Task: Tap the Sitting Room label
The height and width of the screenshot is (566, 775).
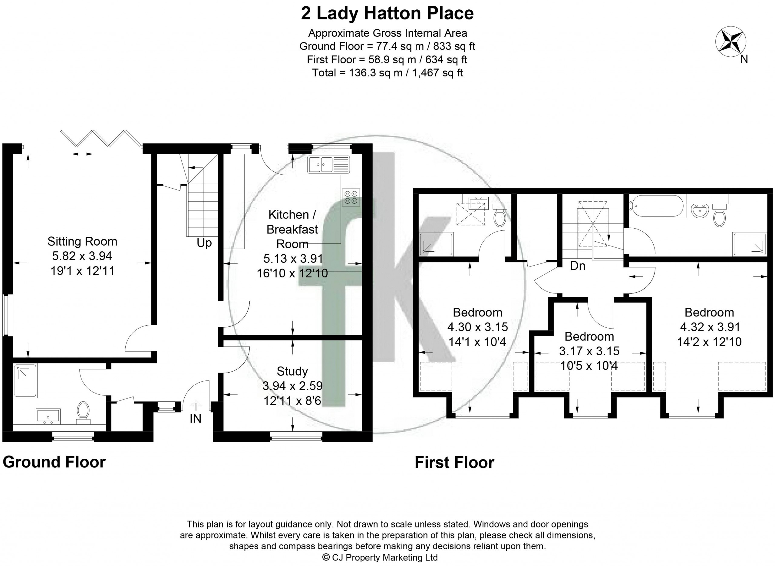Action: (82, 242)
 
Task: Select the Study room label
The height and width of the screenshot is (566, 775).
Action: (292, 371)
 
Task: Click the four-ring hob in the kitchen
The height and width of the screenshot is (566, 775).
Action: (351, 197)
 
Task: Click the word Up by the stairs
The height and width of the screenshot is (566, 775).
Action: (204, 243)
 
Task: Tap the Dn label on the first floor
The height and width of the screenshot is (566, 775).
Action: (578, 266)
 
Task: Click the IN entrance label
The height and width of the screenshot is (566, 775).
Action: (195, 418)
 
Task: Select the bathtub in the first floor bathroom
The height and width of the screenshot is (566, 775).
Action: (657, 206)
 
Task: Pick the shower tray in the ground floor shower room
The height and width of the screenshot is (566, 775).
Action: (25, 381)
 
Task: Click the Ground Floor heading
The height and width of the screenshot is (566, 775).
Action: (54, 462)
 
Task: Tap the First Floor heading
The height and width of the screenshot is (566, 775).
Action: (454, 463)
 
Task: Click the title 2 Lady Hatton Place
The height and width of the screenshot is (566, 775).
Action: (387, 13)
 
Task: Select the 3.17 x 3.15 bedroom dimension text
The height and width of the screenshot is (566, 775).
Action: (589, 351)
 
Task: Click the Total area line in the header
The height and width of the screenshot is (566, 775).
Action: (387, 73)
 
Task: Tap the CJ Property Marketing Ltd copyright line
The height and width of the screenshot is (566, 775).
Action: (380, 558)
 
